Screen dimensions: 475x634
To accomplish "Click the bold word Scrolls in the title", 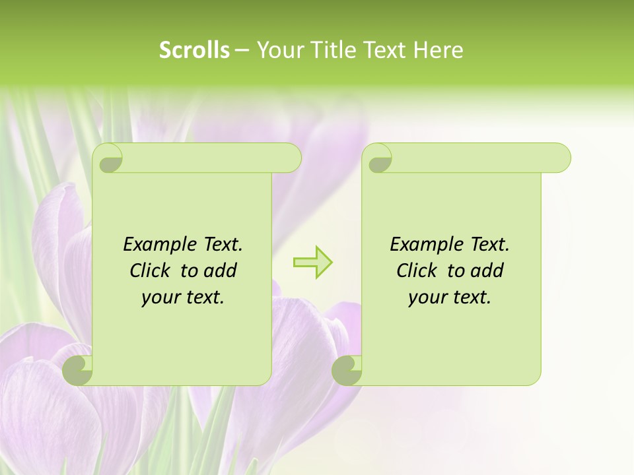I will pyautogui.click(x=195, y=50).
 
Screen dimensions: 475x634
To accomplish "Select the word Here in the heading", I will pyautogui.click(x=438, y=50).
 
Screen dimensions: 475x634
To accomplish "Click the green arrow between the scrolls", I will pyautogui.click(x=312, y=262).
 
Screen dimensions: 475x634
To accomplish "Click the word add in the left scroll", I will pyautogui.click(x=221, y=270).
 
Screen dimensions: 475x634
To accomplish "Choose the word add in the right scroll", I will pyautogui.click(x=487, y=270).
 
